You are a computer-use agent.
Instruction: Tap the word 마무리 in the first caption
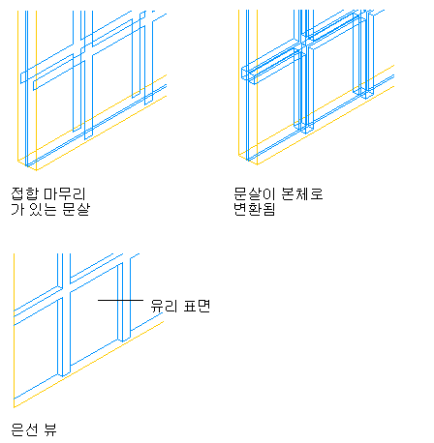pyautogui.click(x=65, y=193)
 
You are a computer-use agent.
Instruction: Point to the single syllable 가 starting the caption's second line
pyautogui.click(x=17, y=209)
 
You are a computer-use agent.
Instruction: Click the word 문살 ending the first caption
pyautogui.click(x=76, y=209)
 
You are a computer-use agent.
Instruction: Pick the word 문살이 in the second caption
pyautogui.click(x=255, y=193)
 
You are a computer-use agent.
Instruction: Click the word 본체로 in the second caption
pyautogui.click(x=302, y=193)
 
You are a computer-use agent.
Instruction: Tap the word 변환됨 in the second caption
pyautogui.click(x=255, y=209)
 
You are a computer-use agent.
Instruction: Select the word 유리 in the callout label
pyautogui.click(x=164, y=306)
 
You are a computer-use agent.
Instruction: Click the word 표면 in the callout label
pyautogui.click(x=197, y=306)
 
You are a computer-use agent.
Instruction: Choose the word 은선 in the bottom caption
pyautogui.click(x=24, y=429)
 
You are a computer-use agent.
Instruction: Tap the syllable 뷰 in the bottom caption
pyautogui.click(x=50, y=429)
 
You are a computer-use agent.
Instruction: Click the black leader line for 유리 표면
pyautogui.click(x=120, y=300)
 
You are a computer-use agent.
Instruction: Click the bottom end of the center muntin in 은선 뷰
pyautogui.click(x=64, y=374)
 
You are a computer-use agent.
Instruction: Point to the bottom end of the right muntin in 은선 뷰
pyautogui.click(x=124, y=340)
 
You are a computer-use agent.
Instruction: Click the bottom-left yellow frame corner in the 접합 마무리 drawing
pyautogui.click(x=17, y=161)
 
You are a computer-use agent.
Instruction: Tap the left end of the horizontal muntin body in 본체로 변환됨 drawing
pyautogui.click(x=242, y=74)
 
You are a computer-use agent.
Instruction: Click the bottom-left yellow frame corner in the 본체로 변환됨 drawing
pyautogui.click(x=239, y=155)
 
